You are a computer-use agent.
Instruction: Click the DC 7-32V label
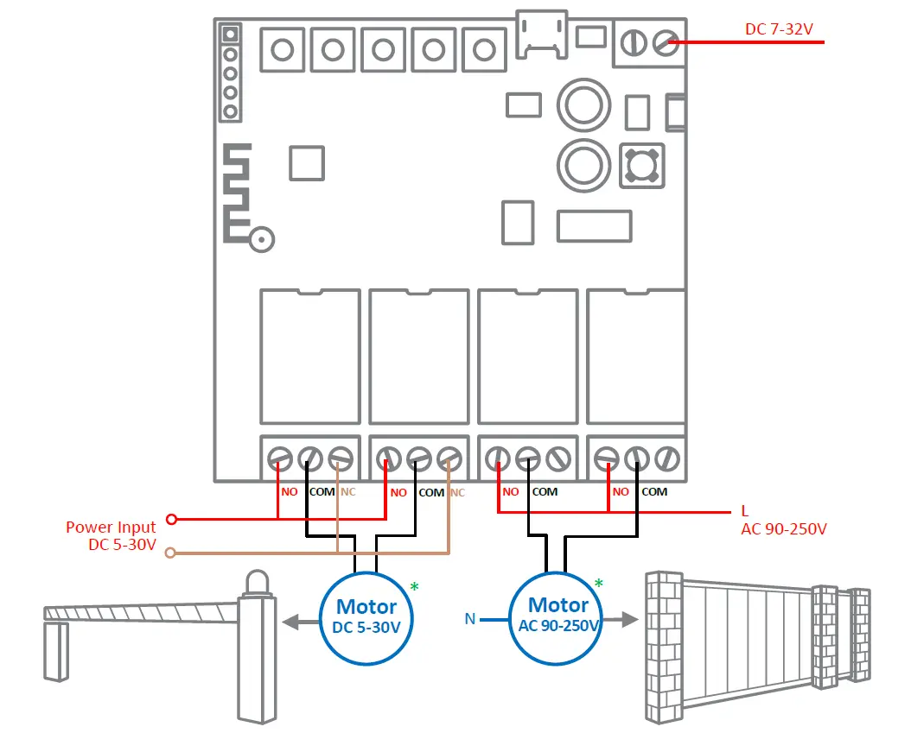tap(779, 29)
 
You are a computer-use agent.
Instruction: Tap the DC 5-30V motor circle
tap(366, 616)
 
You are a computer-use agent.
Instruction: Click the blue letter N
tap(469, 618)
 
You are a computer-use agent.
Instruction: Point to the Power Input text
tap(111, 527)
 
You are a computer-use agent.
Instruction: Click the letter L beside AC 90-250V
tap(745, 510)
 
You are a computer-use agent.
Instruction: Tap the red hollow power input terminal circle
tap(171, 519)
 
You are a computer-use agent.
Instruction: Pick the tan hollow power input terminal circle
tap(171, 552)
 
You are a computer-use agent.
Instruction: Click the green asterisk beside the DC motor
tap(414, 588)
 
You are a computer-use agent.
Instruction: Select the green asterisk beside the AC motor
tap(598, 585)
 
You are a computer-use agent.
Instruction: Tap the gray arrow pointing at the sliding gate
tap(623, 619)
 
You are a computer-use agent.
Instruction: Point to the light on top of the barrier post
tap(257, 584)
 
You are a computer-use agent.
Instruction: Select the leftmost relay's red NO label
tap(290, 492)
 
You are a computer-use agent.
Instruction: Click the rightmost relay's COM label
tap(654, 492)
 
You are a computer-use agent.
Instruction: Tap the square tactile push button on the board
tap(642, 165)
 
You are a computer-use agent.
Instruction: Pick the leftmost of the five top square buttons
tap(283, 48)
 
